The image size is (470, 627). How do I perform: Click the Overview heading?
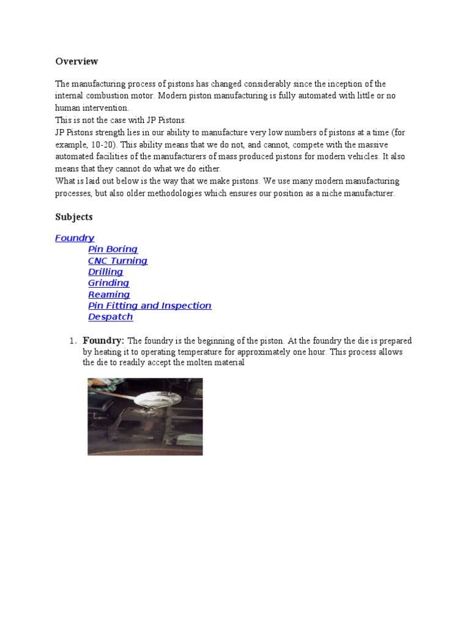pos(76,61)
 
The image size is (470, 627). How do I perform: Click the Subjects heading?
pos(74,217)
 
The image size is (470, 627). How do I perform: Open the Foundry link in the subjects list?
pos(75,238)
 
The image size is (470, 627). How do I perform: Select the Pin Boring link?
pos(113,249)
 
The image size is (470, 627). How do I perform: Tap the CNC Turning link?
pos(117,261)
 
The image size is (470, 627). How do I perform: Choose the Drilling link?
pos(105,272)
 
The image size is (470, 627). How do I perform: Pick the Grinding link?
pos(108,283)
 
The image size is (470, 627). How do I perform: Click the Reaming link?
pos(109,295)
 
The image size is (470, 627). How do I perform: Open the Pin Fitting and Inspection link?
pos(149,306)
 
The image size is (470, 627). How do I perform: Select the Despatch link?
pos(110,317)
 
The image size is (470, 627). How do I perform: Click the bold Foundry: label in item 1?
pos(103,340)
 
